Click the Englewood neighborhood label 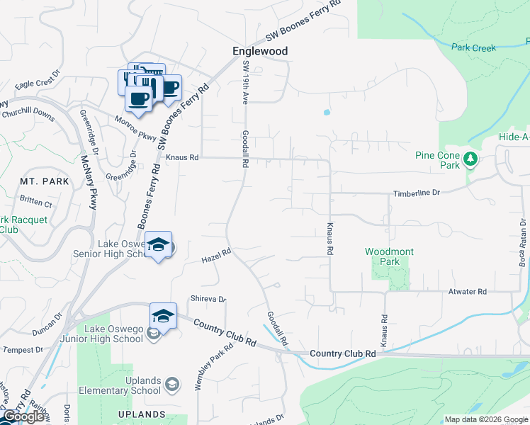[261, 52]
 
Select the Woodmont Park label [389, 256]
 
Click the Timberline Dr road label [417, 193]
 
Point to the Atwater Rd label [467, 291]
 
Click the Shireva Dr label [207, 299]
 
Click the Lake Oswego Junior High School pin [163, 316]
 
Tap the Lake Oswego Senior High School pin [159, 245]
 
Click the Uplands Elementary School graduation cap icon [171, 385]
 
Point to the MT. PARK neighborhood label [45, 181]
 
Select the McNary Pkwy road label [89, 183]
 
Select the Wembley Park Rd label [214, 368]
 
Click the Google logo [23, 416]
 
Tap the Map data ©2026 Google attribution [485, 419]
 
